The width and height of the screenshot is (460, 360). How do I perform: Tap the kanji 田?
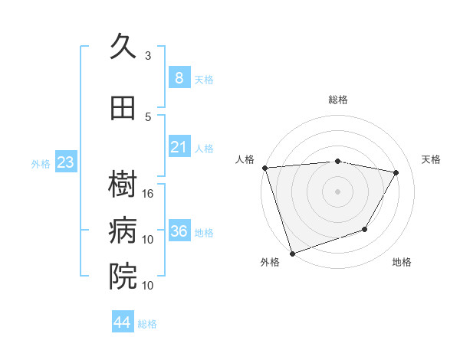pyautogui.click(x=123, y=108)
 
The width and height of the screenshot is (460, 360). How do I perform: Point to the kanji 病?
pyautogui.click(x=123, y=231)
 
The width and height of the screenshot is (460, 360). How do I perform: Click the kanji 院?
pyautogui.click(x=123, y=276)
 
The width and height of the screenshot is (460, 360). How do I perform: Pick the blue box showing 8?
pyautogui.click(x=179, y=78)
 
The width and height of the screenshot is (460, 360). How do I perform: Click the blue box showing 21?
pyautogui.click(x=179, y=147)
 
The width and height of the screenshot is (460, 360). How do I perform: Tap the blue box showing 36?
pyautogui.click(x=179, y=231)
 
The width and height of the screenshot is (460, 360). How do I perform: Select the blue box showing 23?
pyautogui.click(x=65, y=162)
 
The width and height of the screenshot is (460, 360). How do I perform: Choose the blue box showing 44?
pyautogui.click(x=122, y=322)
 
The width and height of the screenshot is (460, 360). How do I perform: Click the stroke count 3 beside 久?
pyautogui.click(x=148, y=56)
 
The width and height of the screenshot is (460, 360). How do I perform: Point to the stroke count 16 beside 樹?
pyautogui.click(x=149, y=194)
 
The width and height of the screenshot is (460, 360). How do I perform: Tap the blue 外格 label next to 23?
pyautogui.click(x=41, y=163)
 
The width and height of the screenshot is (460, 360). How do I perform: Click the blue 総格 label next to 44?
pyautogui.click(x=147, y=324)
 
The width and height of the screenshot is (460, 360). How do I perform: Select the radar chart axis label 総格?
pyautogui.click(x=337, y=100)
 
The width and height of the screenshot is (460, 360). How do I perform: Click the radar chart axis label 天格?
pyautogui.click(x=432, y=159)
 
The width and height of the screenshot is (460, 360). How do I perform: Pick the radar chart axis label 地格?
pyautogui.click(x=402, y=263)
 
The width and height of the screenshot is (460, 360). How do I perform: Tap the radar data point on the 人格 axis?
pyautogui.click(x=264, y=168)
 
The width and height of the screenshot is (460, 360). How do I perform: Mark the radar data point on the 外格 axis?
pyautogui.click(x=292, y=253)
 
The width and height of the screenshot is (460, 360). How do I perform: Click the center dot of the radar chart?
pyautogui.click(x=337, y=191)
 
